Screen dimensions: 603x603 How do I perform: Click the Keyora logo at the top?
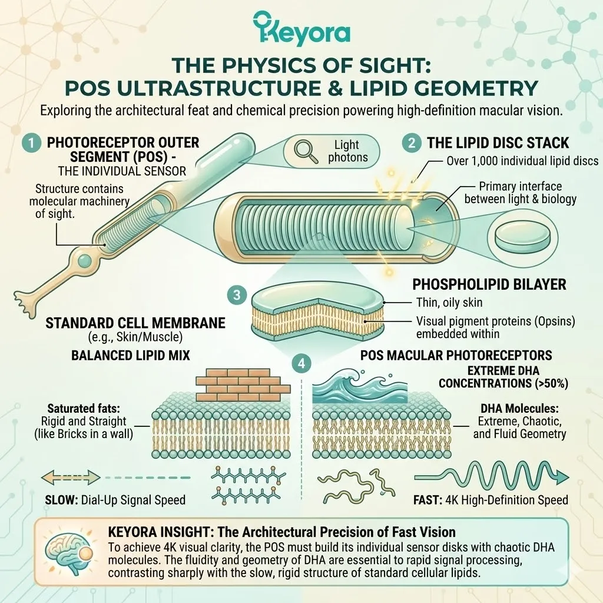[301, 28]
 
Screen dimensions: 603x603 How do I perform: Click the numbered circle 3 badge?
[236, 295]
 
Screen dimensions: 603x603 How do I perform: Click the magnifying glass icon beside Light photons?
[306, 150]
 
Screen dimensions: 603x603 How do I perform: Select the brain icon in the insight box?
[66, 549]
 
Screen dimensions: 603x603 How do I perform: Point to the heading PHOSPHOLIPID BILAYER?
[489, 284]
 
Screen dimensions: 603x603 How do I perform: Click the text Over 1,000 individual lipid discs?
[522, 161]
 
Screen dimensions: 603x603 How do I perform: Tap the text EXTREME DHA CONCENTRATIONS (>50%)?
[503, 376]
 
